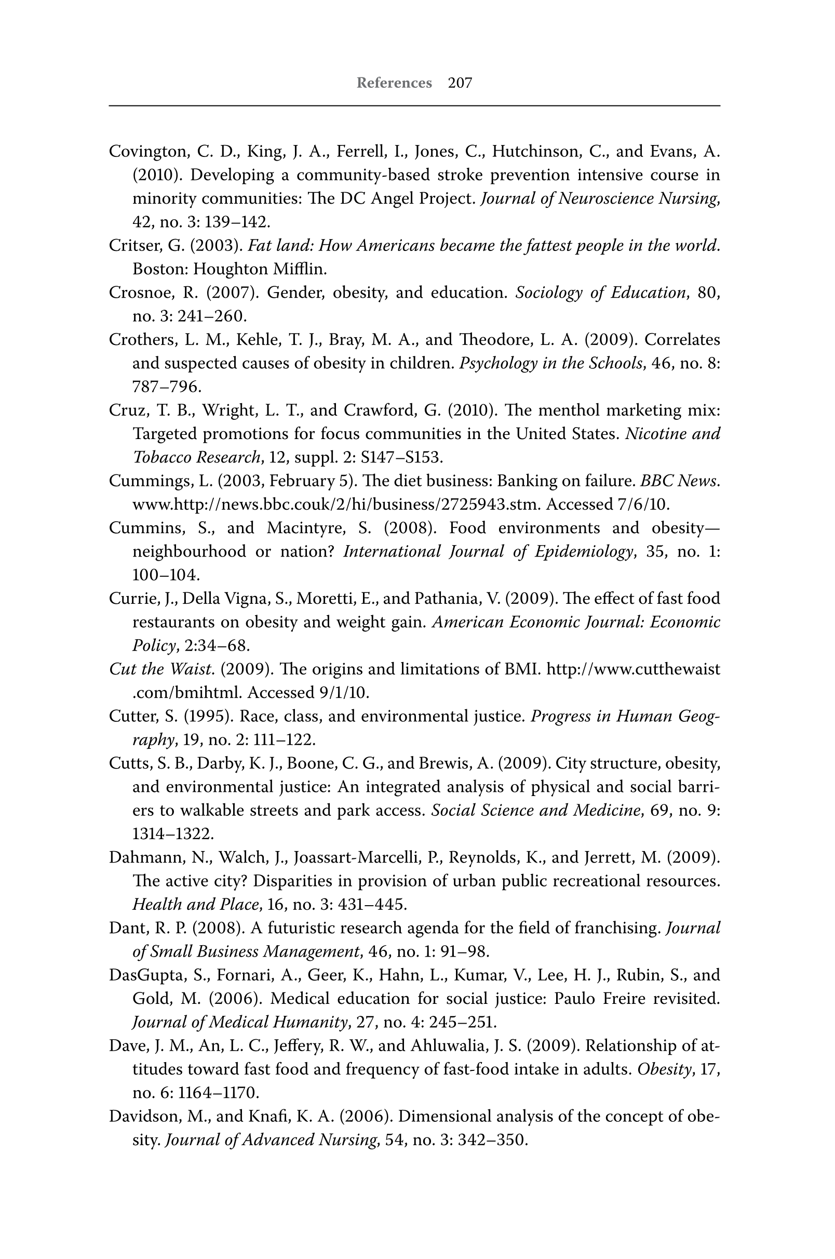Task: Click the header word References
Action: (394, 83)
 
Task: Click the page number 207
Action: (460, 83)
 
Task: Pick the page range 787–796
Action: (167, 387)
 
